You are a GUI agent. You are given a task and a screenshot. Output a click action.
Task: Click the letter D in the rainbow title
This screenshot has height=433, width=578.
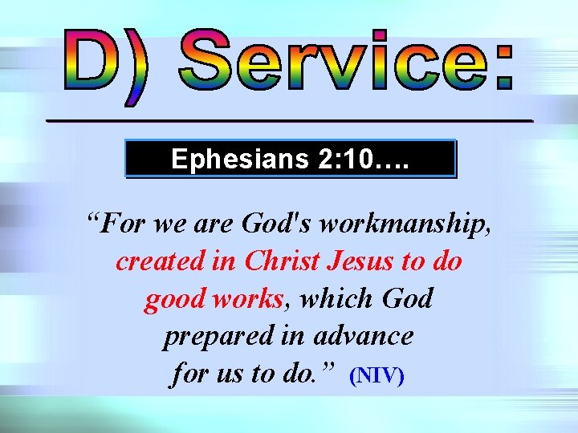click(92, 59)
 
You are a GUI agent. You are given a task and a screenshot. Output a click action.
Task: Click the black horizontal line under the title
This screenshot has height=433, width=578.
click(289, 120)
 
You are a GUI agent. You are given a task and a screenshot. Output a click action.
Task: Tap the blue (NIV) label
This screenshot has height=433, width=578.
click(377, 375)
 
